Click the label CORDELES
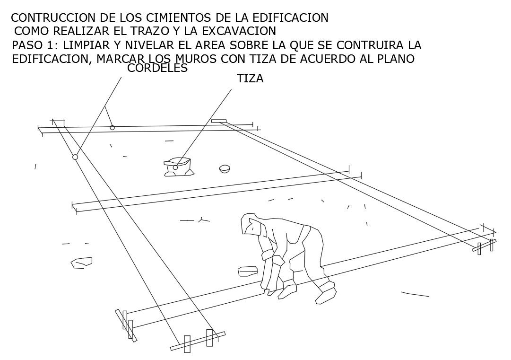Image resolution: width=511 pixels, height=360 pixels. (x=157, y=69)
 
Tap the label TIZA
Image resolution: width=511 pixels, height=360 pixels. (x=250, y=79)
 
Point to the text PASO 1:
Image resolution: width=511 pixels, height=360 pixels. (x=35, y=46)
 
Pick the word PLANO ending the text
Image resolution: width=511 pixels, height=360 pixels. (x=396, y=59)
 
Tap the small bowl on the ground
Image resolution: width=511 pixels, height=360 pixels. (x=225, y=168)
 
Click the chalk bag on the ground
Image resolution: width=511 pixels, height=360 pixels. (x=178, y=167)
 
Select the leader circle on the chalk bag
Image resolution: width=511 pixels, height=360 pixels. (x=175, y=167)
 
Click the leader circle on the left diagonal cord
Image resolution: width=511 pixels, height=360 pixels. (x=75, y=157)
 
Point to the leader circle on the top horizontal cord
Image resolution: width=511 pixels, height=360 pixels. (x=112, y=128)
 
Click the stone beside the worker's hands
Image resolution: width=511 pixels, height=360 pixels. (x=247, y=271)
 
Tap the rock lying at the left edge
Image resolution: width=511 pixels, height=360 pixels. (x=81, y=262)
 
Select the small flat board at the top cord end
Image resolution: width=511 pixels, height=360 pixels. (x=219, y=121)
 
